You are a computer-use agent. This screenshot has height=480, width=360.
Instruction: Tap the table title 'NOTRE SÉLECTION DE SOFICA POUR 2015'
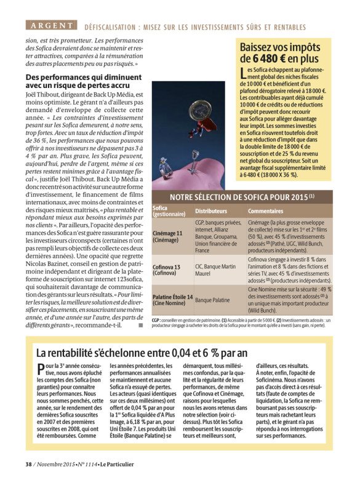click(x=241, y=197)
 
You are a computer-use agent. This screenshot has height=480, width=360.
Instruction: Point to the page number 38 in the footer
click(x=28, y=464)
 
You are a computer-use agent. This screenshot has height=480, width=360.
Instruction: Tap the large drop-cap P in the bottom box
click(x=40, y=370)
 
